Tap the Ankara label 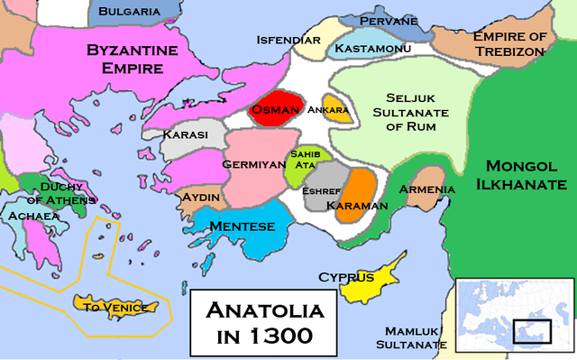pos(329,110)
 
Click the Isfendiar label pos(288,41)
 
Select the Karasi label pos(186,134)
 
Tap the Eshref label pos(323,190)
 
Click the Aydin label pos(203,197)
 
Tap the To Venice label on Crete pos(114,307)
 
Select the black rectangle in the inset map pos(531,331)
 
